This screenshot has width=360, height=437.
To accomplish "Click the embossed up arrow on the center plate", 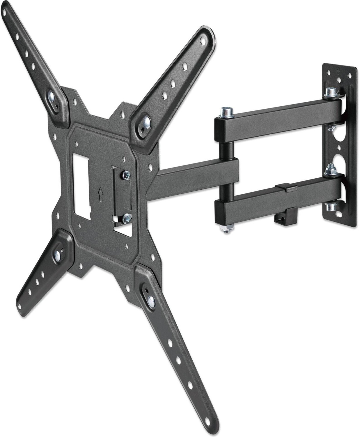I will pyautogui.click(x=100, y=193).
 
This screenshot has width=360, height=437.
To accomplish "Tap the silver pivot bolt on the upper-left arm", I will pyautogui.click(x=52, y=96).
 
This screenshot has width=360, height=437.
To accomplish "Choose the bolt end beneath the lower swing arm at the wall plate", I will pyautogui.click(x=331, y=207).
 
